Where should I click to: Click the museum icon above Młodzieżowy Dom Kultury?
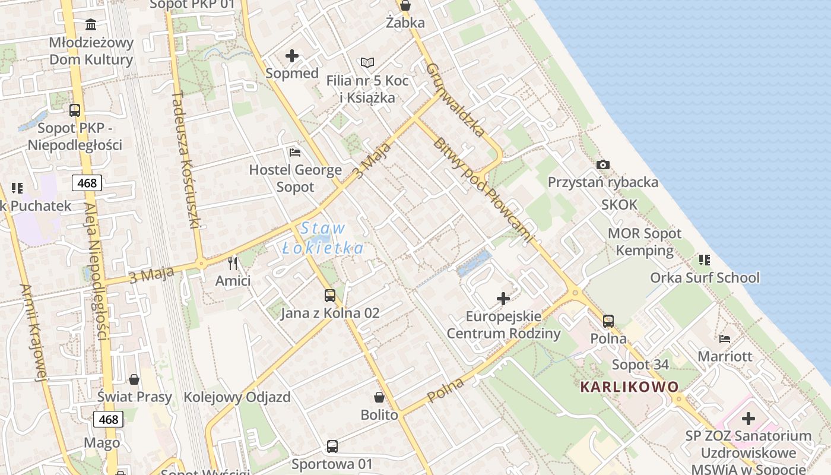point(91,24)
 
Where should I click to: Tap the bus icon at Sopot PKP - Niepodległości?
point(75,110)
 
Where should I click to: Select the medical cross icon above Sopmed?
point(292,56)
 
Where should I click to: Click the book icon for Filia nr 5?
point(367,62)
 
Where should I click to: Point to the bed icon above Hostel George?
point(295,152)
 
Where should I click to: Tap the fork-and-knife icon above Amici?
point(233,263)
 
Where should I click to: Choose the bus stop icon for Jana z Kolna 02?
point(330,295)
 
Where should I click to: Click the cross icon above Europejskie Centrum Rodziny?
point(503,298)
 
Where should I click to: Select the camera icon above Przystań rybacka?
point(603,164)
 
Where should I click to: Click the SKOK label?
point(619,205)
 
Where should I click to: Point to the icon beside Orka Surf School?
point(705,259)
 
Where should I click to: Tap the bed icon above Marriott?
point(725,338)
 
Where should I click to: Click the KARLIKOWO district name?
point(629,387)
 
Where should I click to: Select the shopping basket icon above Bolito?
point(379,397)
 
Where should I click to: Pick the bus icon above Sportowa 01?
point(332,446)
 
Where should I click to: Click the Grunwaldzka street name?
point(456,99)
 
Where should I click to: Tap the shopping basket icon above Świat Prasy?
point(135,379)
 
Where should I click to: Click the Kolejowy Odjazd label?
point(237,397)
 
